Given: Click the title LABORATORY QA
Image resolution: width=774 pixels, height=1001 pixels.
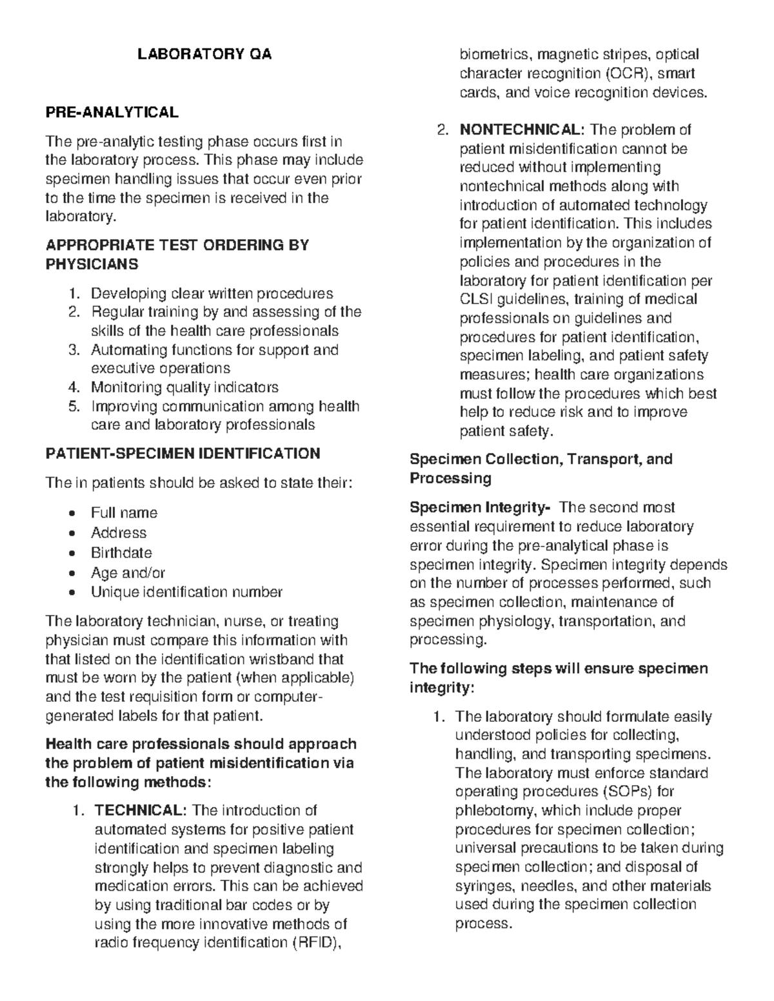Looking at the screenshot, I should pyautogui.click(x=204, y=55).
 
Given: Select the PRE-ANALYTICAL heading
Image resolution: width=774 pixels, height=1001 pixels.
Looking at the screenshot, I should pyautogui.click(x=112, y=112).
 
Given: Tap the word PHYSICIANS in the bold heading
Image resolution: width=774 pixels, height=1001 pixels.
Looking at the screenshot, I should pyautogui.click(x=92, y=264).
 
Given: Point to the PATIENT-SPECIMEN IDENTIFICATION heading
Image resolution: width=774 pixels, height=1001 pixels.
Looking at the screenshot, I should pyautogui.click(x=183, y=454).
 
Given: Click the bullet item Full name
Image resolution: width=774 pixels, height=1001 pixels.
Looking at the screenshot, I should pyautogui.click(x=124, y=513).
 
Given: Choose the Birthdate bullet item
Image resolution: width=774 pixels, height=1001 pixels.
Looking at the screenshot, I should pyautogui.click(x=121, y=553).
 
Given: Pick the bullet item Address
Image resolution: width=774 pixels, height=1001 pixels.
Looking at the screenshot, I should pyautogui.click(x=119, y=533).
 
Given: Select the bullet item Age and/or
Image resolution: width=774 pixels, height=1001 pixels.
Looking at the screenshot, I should pyautogui.click(x=128, y=573).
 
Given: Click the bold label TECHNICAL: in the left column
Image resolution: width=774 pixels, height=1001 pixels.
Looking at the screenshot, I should pyautogui.click(x=141, y=811).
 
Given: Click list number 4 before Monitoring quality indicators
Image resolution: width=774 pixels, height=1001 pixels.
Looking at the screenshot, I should pyautogui.click(x=74, y=387).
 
